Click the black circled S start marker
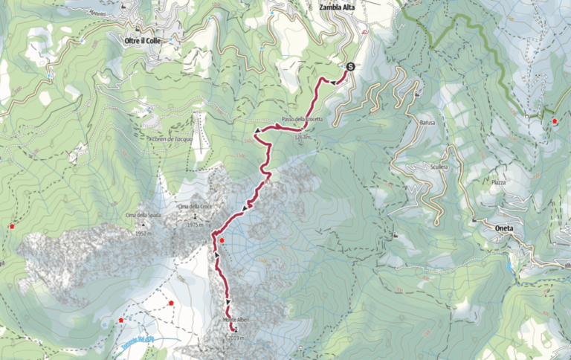349,66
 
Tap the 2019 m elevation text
237,337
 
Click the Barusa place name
427,122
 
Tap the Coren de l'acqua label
170,138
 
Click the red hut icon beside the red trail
222,240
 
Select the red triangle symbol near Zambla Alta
364,33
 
